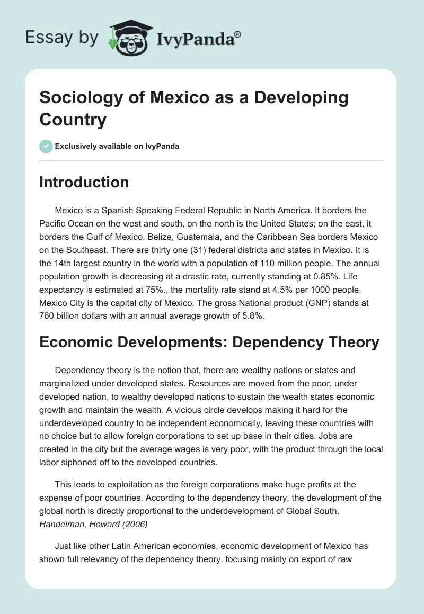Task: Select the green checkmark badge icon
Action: pos(46,146)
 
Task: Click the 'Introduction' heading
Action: pos(84,182)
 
